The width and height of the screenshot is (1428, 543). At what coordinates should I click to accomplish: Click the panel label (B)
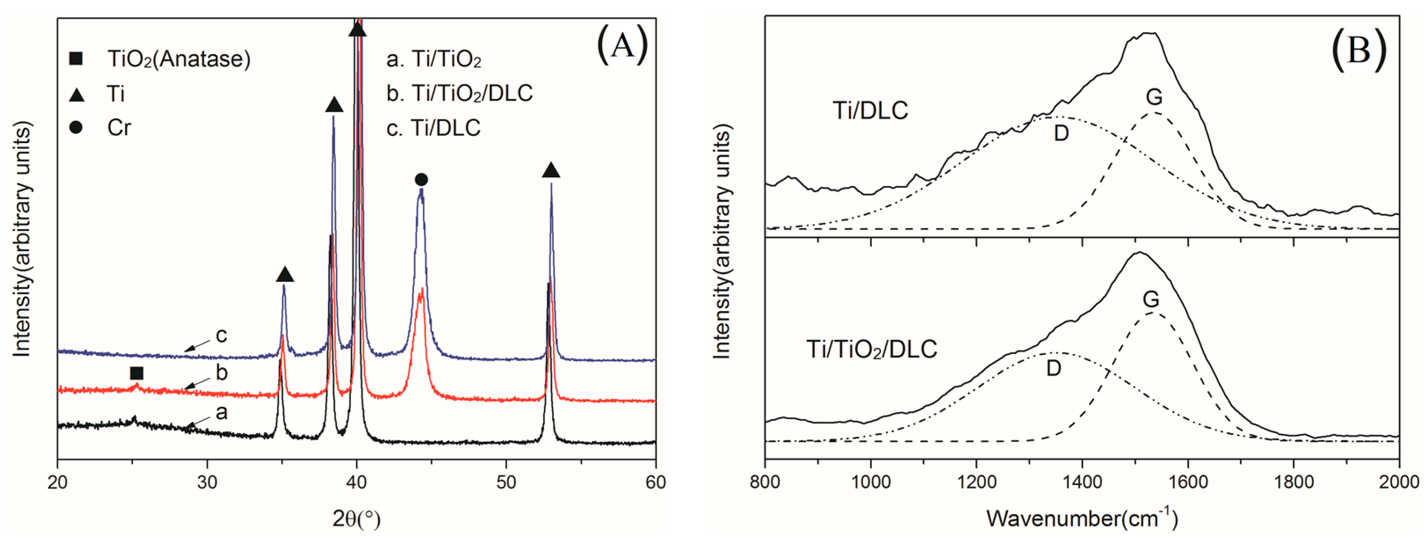[x=1358, y=51]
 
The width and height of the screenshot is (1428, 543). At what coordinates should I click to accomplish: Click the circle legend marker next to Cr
[x=76, y=128]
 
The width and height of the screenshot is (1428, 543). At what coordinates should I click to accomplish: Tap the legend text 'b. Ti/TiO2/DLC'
[x=459, y=93]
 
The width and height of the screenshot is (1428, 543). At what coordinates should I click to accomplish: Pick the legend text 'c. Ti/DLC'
[x=434, y=128]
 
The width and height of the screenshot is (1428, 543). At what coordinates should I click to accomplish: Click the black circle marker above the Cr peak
[x=421, y=179]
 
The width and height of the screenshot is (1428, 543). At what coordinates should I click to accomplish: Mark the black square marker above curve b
[x=136, y=373]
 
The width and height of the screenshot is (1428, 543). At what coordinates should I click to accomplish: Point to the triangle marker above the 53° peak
[x=550, y=170]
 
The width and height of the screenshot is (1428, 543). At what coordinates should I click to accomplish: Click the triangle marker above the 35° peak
[x=284, y=274]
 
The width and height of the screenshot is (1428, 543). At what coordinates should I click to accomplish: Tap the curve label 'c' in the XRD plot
[x=221, y=335]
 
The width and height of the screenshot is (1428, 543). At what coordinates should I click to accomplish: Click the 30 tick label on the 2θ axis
[x=207, y=481]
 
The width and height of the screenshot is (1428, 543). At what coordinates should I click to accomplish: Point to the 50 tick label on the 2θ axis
[x=506, y=481]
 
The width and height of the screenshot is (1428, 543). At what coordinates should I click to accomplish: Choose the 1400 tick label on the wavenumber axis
[x=1081, y=481]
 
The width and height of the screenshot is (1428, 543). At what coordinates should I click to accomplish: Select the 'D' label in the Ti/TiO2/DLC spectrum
[x=1054, y=368]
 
